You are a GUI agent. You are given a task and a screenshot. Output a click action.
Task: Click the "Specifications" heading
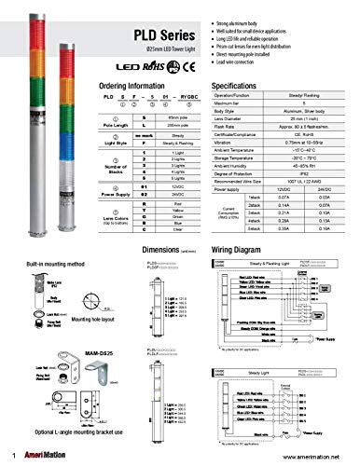(x=264, y=85)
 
